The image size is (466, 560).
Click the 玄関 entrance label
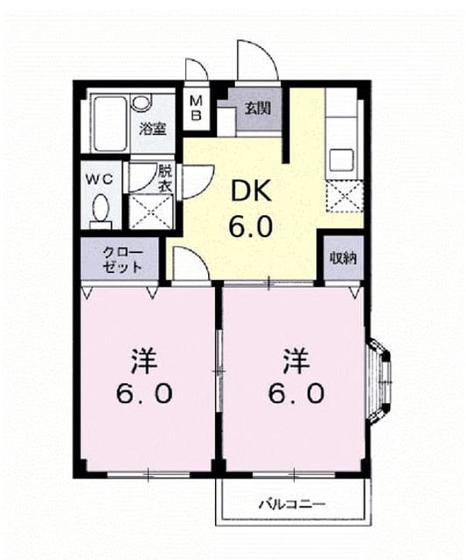click(257, 108)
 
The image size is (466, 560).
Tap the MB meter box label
click(196, 108)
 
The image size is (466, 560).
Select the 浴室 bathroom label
click(153, 129)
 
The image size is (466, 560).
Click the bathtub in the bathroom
click(110, 123)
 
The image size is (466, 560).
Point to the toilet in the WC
click(101, 212)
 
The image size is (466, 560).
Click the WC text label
click(99, 179)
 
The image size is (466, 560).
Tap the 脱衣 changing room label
click(165, 178)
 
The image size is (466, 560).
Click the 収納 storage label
click(344, 258)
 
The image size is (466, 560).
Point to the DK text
click(252, 192)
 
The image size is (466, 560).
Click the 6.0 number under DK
click(251, 227)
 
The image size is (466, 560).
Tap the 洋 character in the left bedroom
click(144, 361)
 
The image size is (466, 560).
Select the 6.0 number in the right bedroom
click(296, 394)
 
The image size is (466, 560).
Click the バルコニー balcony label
click(293, 504)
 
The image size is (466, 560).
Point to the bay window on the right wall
click(379, 382)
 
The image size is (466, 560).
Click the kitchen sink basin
click(342, 160)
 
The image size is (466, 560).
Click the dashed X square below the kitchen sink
click(344, 196)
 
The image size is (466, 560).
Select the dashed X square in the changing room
click(150, 213)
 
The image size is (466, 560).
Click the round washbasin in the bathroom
click(141, 102)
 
